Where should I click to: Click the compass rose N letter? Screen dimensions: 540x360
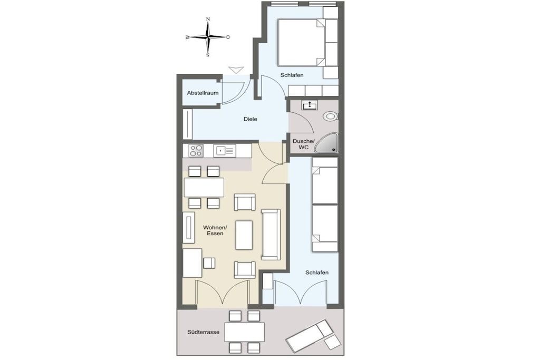(x=208, y=20)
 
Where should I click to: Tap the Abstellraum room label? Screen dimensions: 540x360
(x=202, y=93)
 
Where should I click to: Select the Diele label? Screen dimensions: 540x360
(x=250, y=119)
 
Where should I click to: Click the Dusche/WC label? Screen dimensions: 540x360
(x=303, y=144)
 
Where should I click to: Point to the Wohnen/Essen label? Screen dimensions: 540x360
(x=215, y=230)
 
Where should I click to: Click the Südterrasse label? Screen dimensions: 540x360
(x=203, y=333)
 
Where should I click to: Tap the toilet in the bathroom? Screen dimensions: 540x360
(x=330, y=116)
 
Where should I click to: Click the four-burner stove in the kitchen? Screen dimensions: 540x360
(x=196, y=150)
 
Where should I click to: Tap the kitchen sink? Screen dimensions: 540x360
(x=225, y=150)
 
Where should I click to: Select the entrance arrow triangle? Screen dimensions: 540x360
(x=236, y=70)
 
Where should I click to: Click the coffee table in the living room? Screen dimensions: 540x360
(x=244, y=235)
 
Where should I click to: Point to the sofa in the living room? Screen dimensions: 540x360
(x=271, y=235)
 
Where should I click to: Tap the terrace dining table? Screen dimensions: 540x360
(x=245, y=332)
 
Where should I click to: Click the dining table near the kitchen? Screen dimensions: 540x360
(x=204, y=187)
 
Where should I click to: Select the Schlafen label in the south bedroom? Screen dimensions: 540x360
(x=317, y=273)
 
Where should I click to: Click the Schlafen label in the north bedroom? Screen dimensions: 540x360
(x=292, y=75)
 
